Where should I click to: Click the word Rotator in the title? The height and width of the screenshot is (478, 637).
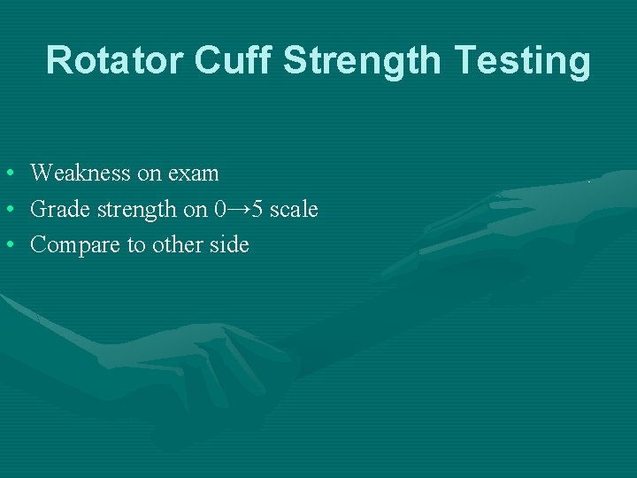114,60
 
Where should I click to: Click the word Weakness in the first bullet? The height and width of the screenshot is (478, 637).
81,173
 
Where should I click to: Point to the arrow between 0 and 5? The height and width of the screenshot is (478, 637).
238,209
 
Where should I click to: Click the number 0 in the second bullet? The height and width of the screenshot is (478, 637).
219,209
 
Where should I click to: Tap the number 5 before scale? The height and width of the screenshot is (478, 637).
257,209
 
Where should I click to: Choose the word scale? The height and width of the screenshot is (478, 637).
294,209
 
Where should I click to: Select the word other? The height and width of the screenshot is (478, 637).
177,244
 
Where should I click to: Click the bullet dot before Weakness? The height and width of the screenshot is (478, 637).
7,173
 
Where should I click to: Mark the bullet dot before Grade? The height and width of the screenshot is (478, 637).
7,210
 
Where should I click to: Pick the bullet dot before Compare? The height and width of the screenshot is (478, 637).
7,245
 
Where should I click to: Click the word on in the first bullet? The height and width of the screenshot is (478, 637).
148,173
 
